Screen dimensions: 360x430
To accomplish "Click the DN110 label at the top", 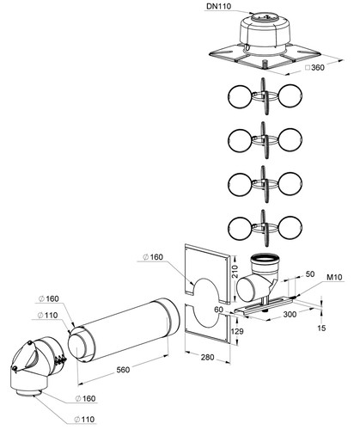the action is pos(218,6).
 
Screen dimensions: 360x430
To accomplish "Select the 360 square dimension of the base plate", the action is pos(314,68).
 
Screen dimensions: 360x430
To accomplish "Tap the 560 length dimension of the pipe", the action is pos(123,370).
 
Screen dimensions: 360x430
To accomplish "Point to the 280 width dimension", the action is pos(208,357).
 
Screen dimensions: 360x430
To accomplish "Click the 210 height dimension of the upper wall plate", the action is pos(235,271).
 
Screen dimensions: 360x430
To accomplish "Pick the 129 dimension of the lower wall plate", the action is pos(237,331).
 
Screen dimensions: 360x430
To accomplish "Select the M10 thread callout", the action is pos(334,277).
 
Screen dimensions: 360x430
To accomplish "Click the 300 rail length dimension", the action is pos(290,315).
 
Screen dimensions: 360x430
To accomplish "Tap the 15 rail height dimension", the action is pos(322,328).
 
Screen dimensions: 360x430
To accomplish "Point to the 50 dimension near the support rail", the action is pos(310,274).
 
